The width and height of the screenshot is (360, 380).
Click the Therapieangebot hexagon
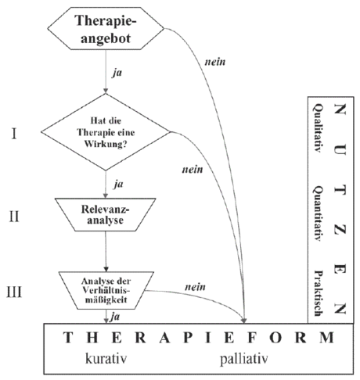(106, 28)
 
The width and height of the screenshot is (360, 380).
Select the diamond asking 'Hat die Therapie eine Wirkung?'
(106, 132)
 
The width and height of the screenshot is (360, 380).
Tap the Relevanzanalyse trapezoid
(106, 214)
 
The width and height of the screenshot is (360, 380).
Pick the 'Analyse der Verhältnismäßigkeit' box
(106, 291)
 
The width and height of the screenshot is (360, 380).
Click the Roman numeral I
(14, 134)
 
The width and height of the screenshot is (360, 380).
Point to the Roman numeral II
(14, 217)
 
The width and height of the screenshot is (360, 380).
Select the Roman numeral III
(14, 292)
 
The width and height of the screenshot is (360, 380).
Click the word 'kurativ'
(106, 359)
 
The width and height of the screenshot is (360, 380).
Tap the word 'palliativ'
(244, 359)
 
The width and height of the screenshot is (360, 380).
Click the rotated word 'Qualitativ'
(317, 128)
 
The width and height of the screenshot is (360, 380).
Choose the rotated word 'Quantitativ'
(317, 213)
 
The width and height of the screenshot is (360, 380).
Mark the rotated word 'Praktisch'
(317, 293)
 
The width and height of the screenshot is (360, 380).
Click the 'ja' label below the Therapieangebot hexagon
(117, 73)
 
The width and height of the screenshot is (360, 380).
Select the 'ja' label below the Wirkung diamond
(118, 185)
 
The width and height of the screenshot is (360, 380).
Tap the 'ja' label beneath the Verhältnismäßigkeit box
(115, 317)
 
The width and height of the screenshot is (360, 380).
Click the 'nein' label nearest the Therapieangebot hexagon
(215, 63)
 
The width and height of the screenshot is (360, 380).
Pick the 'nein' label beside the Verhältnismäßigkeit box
(195, 287)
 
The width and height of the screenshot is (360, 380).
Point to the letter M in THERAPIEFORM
(326, 337)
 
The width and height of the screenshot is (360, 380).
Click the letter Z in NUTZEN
(340, 230)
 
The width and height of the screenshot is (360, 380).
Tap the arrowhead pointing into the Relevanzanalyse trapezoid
(106, 195)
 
